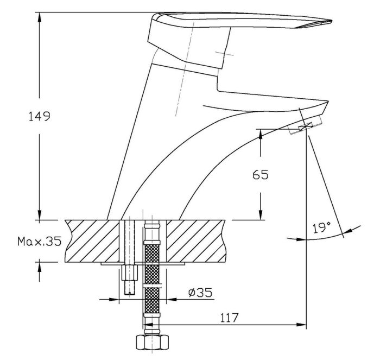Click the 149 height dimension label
[40, 116]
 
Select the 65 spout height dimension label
[261, 174]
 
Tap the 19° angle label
[321, 227]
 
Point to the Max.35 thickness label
[39, 242]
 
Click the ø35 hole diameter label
[200, 293]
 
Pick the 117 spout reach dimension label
[229, 318]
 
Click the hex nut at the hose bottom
[152, 342]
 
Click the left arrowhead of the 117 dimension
[148, 325]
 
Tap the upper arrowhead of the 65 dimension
[261, 134]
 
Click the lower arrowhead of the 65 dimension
[261, 214]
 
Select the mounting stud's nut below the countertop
[129, 273]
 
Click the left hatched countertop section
[92, 241]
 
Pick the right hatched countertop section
[196, 241]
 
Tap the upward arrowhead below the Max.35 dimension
[39, 267]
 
